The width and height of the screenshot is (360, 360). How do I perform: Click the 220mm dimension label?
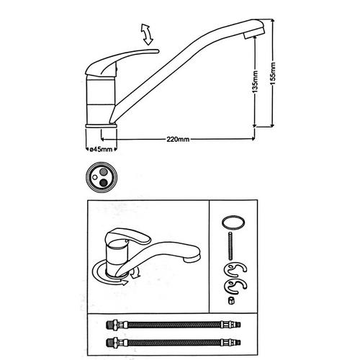pos(178,139)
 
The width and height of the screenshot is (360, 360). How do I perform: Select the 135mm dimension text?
pos(256,81)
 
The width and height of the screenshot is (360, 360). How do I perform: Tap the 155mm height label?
pos(273,73)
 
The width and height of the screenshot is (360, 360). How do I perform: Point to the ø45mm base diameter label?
pos(101,149)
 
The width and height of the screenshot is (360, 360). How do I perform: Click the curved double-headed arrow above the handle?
pos(147,35)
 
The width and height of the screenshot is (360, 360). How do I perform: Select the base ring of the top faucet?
pos(101,125)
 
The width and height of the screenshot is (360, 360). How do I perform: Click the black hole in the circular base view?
pos(104,183)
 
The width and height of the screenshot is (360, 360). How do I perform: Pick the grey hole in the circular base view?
pos(104,171)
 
